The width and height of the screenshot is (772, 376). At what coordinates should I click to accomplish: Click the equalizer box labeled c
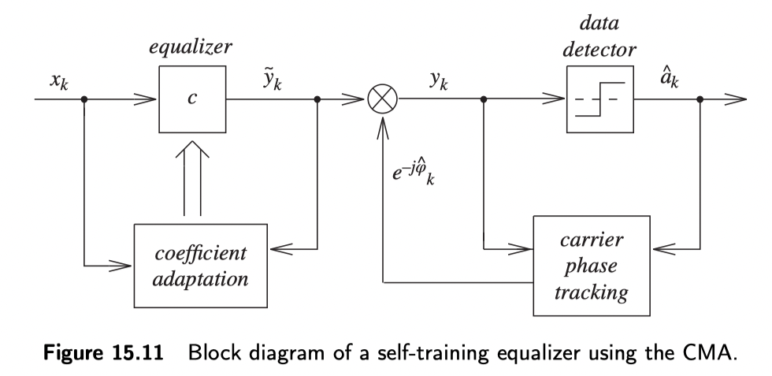coord(191,100)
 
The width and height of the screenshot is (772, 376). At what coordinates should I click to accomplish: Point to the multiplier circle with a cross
coord(383,100)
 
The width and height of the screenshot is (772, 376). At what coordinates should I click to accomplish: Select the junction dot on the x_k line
coord(85,100)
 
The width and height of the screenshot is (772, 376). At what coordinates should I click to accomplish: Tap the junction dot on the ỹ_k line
coord(317,100)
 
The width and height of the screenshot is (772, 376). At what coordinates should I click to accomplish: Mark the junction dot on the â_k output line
coord(701,100)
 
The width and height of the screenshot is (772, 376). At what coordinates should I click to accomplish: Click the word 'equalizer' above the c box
coord(191,47)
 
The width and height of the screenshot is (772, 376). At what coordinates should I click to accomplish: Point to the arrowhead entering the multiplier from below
coord(383,124)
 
